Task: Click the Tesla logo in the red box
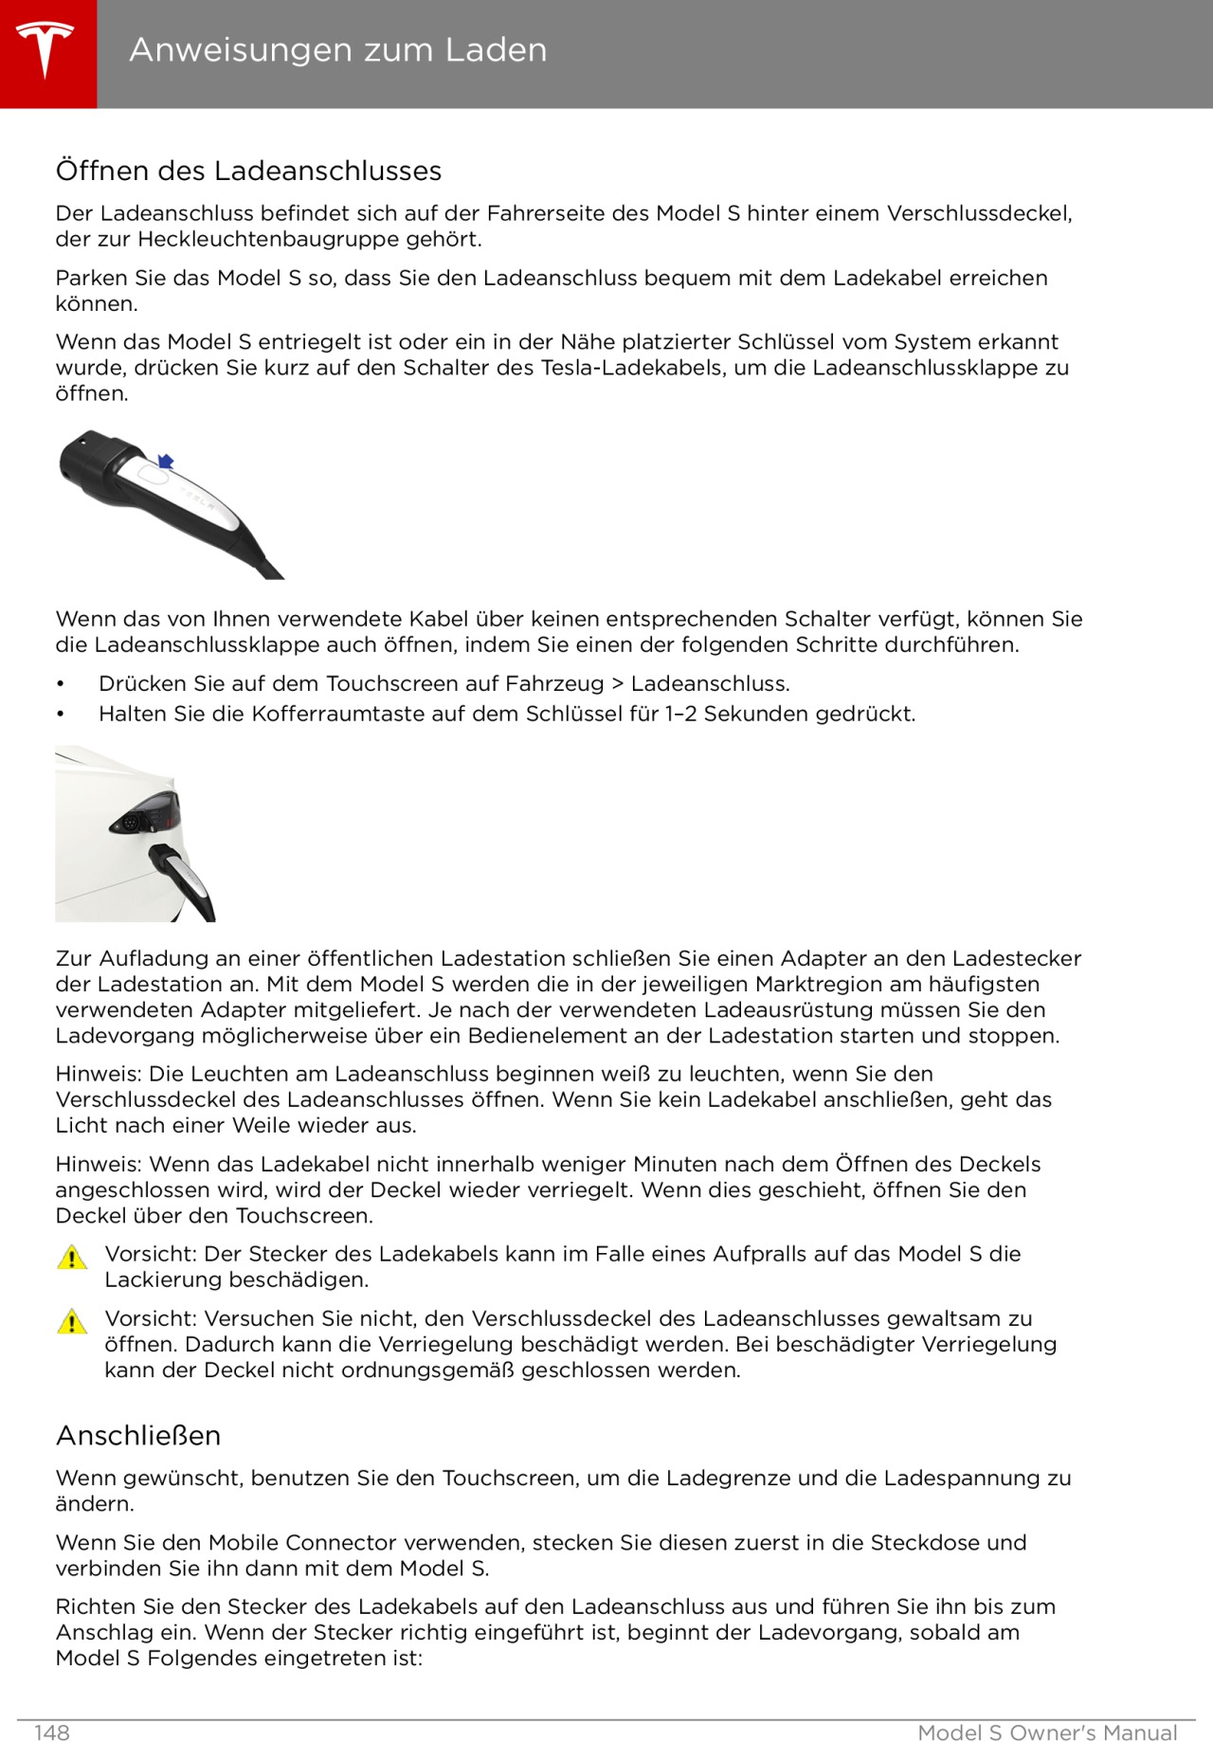tap(45, 49)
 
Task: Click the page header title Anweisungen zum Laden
tap(337, 49)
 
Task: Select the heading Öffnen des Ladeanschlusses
tap(248, 171)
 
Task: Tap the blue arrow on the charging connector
tap(166, 462)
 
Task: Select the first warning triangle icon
tap(72, 1258)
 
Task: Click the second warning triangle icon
tap(72, 1322)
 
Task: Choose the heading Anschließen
tap(138, 1436)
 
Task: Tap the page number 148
tap(52, 1732)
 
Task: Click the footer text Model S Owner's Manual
tap(1047, 1732)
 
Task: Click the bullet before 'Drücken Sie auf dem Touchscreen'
tap(60, 684)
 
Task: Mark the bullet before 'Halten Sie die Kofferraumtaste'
tap(60, 715)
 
